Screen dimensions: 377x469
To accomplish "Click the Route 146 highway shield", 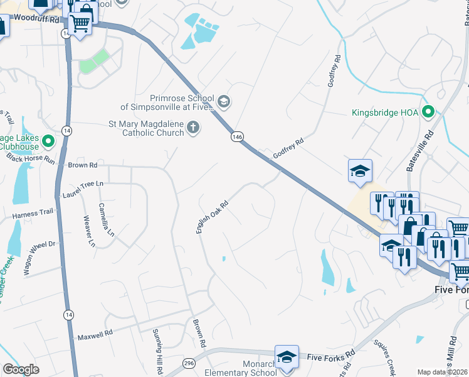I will point(236,136).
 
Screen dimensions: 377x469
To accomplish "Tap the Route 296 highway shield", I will point(189,363).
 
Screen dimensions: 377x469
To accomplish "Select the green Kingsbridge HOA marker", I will point(429,113).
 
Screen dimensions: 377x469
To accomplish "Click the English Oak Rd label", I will point(211,217).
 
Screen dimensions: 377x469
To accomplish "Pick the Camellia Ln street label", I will point(107,219).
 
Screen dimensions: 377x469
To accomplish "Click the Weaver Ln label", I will point(89,231).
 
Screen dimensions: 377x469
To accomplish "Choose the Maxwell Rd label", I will point(95,337).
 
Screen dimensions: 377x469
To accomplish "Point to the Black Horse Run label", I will point(32,160).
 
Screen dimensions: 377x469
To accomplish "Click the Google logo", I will point(21,369).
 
